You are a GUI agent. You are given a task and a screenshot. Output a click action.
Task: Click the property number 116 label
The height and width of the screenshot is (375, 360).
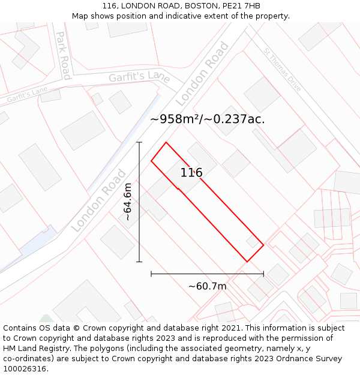tap(191, 173)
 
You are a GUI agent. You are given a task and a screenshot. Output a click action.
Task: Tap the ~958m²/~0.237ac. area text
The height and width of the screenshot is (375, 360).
tap(208, 119)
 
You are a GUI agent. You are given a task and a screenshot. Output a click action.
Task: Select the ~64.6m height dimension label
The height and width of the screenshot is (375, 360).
tap(127, 202)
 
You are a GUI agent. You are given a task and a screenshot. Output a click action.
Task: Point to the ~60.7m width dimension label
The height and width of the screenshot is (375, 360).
tap(207, 286)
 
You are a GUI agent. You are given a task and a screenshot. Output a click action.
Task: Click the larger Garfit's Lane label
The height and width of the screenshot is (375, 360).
tap(139, 77)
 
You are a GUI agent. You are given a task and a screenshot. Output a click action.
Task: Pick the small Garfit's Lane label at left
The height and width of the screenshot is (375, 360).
tap(27, 94)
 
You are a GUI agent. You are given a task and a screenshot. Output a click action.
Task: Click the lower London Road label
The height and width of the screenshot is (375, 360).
tap(99, 200)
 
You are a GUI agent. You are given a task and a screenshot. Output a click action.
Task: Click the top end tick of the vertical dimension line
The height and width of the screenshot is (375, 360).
tap(139, 142)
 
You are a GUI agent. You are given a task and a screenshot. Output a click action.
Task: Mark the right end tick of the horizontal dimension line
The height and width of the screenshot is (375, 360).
tap(263, 274)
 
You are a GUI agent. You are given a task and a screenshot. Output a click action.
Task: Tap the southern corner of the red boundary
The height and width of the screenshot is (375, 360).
tap(247, 262)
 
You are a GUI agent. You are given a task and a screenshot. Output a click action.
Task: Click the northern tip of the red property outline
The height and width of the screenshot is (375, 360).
tap(166, 143)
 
